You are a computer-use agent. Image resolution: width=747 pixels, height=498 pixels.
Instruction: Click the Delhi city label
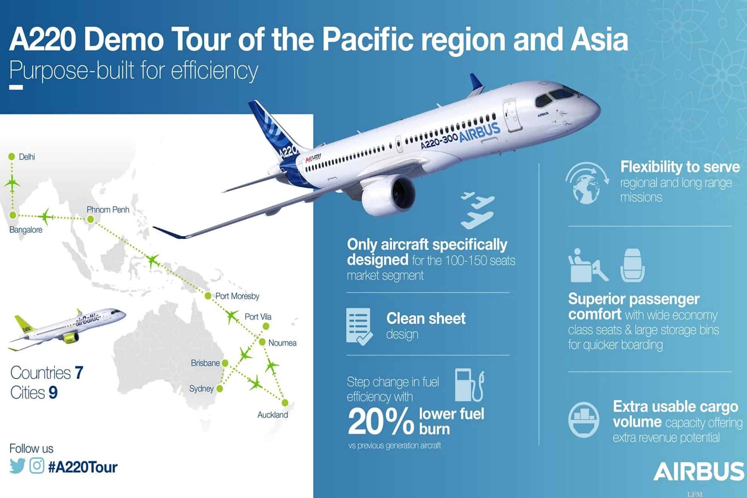[x=27, y=157]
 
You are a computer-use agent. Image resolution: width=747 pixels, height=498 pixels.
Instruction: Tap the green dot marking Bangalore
[x=12, y=215]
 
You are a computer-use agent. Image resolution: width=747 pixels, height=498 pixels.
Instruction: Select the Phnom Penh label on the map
[x=108, y=210]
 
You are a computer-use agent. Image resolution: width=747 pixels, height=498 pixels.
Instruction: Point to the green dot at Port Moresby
[x=208, y=296]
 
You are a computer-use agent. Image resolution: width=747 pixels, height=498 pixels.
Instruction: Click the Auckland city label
[x=273, y=415]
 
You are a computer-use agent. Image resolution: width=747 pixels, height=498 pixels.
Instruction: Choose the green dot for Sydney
[x=220, y=389]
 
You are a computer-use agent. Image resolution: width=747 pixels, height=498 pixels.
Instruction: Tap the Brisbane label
[x=205, y=363]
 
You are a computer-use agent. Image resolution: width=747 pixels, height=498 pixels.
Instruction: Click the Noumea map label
[x=282, y=343]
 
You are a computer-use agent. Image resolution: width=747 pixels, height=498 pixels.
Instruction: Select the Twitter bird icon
[x=18, y=467]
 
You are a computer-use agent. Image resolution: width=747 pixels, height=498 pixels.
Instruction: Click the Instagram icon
[x=37, y=466]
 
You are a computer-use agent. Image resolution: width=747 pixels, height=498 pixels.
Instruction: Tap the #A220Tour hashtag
[x=83, y=467]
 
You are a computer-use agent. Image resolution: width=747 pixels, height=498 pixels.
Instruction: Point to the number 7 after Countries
[x=79, y=373]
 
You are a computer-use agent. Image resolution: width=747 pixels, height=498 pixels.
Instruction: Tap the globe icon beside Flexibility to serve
[x=586, y=183]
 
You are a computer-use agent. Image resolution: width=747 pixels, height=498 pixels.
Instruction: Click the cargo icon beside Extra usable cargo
[x=584, y=419]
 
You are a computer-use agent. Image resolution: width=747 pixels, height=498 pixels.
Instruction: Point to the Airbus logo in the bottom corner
[x=698, y=471]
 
